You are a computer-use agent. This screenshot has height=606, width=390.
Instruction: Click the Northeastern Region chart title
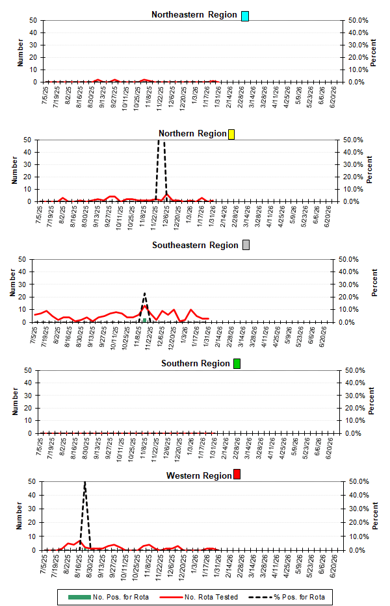pos(194,15)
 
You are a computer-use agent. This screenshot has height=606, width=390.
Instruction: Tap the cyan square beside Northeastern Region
pos(245,16)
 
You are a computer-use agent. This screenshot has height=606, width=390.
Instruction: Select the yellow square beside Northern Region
pos(231,134)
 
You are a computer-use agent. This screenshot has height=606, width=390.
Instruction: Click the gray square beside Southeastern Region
pos(246,246)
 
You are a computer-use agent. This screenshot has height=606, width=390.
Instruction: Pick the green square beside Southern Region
pos(237,364)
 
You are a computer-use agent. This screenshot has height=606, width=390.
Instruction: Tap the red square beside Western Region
pos(237,475)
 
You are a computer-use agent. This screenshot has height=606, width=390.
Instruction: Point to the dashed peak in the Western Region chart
pos(84,483)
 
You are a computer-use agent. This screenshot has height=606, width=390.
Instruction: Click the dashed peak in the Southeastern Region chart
pos(145,294)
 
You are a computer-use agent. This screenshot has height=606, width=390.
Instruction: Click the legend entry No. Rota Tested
pos(209,596)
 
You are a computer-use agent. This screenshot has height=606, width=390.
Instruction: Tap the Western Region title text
pos(199,476)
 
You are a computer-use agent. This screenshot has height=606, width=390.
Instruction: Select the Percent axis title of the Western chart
pos(374,516)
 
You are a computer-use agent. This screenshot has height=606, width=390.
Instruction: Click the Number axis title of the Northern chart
pos(13,170)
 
